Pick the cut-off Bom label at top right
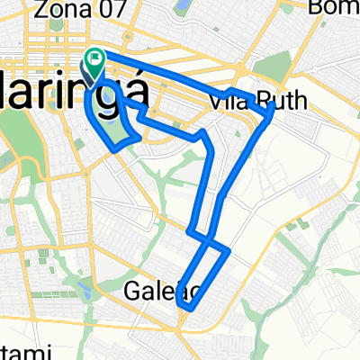(334, 8)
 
